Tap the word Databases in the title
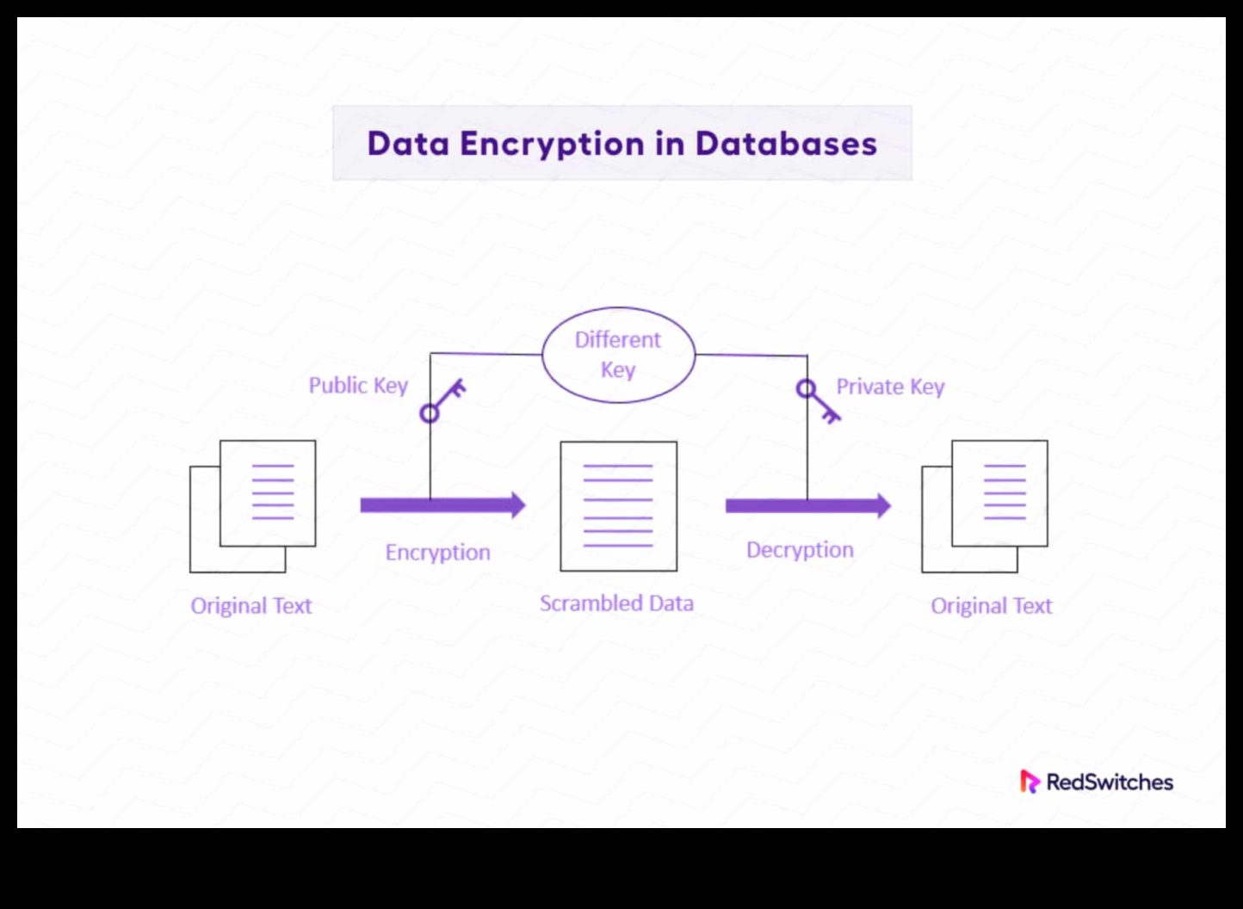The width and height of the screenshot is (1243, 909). [786, 144]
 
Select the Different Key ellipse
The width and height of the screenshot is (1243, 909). [618, 355]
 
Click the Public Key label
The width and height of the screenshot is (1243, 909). [358, 386]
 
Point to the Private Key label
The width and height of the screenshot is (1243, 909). [890, 387]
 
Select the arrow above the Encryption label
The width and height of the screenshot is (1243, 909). [442, 505]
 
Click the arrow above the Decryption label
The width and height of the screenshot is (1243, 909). [807, 505]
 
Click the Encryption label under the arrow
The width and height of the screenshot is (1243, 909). [437, 553]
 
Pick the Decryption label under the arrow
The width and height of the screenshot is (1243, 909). [800, 550]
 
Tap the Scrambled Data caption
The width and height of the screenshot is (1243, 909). [616, 603]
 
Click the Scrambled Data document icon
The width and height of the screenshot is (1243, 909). [618, 506]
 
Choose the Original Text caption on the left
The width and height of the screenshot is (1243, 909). [251, 606]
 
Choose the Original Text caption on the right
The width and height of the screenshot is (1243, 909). [991, 606]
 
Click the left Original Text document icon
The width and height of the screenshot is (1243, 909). [253, 506]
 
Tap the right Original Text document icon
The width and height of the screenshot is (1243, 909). [985, 506]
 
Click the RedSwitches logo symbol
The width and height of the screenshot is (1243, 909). [1030, 782]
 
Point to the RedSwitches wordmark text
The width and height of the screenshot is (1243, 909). [1110, 782]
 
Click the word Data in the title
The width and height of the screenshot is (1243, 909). [408, 144]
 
